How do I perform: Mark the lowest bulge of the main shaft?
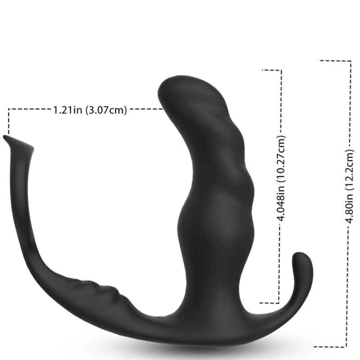pos(211,225)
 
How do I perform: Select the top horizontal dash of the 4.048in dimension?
pos(272,70)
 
